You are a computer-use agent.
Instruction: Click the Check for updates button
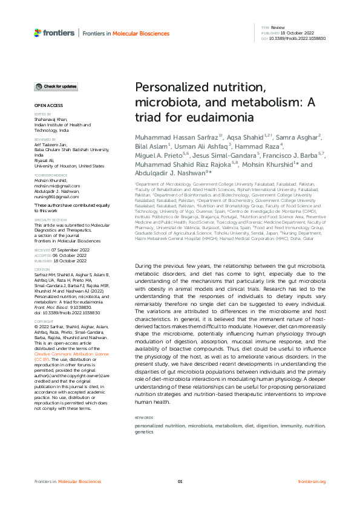pos(56,87)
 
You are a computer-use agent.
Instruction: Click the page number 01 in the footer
pos(180,481)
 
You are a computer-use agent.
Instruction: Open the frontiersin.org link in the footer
pos(312,481)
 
